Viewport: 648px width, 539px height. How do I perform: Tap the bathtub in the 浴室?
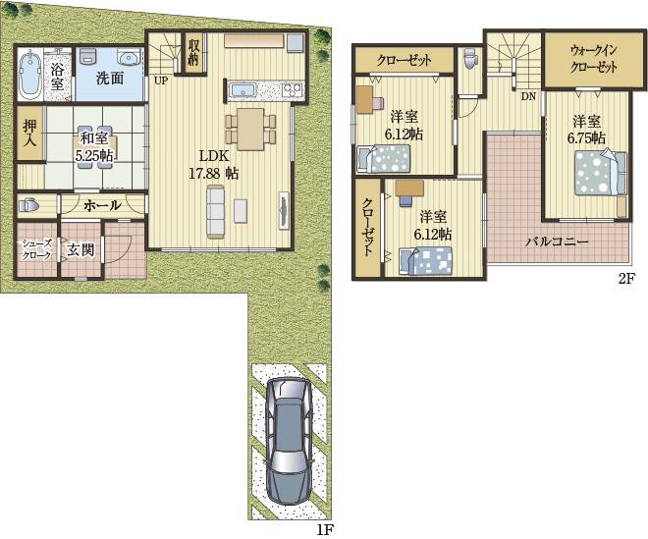click(28, 74)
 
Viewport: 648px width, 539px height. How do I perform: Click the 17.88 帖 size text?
click(214, 174)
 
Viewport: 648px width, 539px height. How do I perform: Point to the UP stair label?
click(161, 81)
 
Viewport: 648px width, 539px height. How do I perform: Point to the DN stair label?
click(528, 97)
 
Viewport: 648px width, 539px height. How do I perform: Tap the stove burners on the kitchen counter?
click(293, 89)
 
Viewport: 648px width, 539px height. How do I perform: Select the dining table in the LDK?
click(250, 130)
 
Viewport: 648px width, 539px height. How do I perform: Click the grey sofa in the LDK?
click(215, 212)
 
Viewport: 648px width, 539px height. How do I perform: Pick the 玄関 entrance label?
click(81, 250)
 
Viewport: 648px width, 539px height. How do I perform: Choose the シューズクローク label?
click(36, 249)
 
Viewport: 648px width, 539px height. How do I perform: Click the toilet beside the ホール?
click(28, 205)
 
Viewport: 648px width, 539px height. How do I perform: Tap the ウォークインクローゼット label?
click(593, 59)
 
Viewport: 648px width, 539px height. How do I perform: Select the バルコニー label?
click(557, 242)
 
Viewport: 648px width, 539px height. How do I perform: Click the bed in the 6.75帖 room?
click(601, 173)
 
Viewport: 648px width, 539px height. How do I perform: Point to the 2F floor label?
click(625, 279)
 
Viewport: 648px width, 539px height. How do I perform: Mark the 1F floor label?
click(325, 529)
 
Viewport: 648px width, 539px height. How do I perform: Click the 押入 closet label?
click(29, 134)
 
